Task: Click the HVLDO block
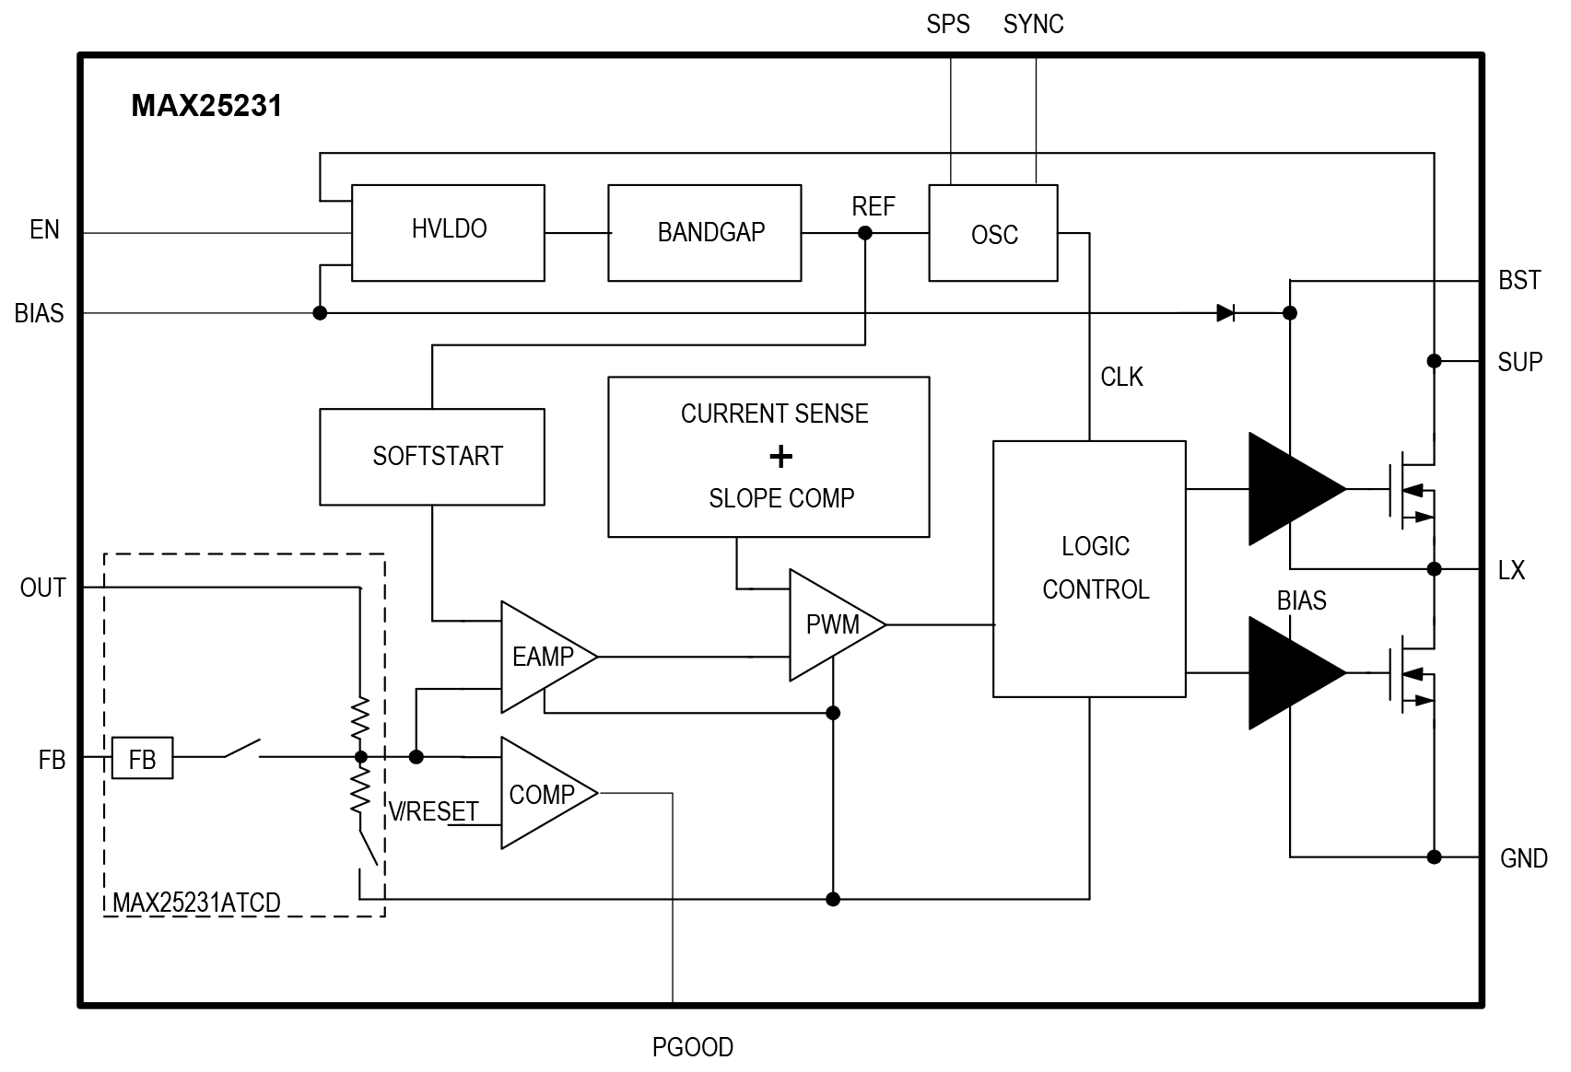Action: point(448,233)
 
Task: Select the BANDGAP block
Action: point(705,233)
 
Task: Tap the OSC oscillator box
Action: point(993,233)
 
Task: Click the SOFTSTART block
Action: point(432,457)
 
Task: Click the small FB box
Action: point(143,757)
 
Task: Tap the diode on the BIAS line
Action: point(1225,313)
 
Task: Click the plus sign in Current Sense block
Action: point(780,457)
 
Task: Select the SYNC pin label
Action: point(1033,25)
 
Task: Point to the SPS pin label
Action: point(947,25)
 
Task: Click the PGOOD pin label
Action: point(693,1047)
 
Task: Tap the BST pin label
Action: point(1519,281)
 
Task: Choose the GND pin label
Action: point(1523,858)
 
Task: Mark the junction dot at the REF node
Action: point(865,233)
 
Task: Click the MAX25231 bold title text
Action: point(206,106)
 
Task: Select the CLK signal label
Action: point(1121,378)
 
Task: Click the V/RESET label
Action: point(433,811)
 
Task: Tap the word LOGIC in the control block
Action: point(1096,546)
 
